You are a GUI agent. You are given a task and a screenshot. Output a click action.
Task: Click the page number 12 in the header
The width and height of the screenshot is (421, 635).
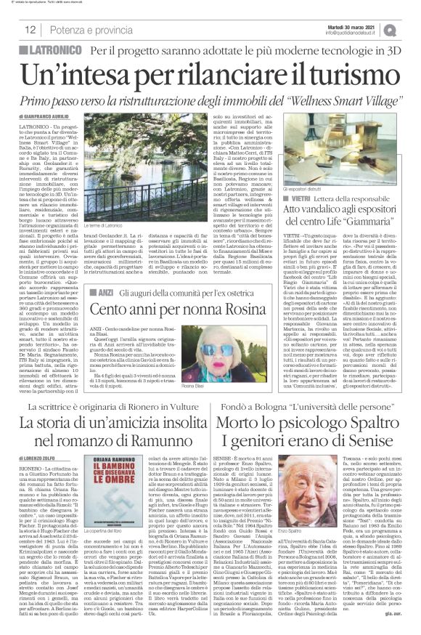coord(31,30)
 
